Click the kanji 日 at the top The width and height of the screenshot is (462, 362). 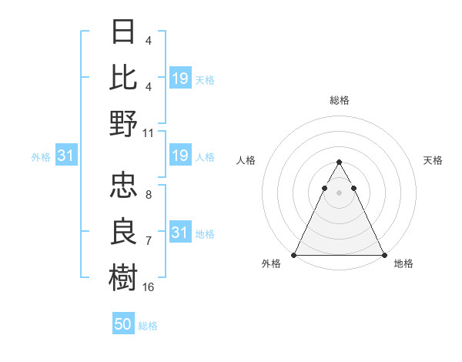tap(123, 32)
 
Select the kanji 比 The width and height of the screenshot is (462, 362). tap(123, 78)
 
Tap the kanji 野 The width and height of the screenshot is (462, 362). tap(123, 123)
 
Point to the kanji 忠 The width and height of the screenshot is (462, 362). tap(123, 186)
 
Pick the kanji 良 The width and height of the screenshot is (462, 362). tap(123, 231)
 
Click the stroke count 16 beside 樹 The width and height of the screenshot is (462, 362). tap(149, 287)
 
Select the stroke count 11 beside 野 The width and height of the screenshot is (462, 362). tap(149, 132)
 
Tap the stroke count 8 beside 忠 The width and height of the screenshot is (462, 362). tap(148, 196)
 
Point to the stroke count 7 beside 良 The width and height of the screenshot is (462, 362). tap(148, 241)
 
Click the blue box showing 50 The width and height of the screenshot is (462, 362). tap(123, 324)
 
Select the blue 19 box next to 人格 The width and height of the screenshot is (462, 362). tap(179, 156)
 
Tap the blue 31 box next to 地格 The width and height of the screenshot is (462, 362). tap(179, 233)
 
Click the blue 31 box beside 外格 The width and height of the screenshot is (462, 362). tap(65, 156)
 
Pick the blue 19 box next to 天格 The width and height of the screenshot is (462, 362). tap(179, 78)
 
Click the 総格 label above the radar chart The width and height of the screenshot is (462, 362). tap(339, 100)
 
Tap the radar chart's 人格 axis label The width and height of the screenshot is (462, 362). tap(246, 160)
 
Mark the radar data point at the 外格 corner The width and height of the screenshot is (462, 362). tap(294, 255)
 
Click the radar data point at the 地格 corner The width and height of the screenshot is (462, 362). tap(383, 255)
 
